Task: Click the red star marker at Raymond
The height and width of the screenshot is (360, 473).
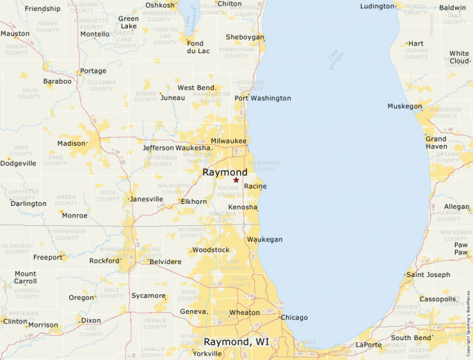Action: [236, 180]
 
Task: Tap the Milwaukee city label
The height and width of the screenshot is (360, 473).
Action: [228, 141]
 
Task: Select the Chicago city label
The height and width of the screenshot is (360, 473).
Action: [294, 318]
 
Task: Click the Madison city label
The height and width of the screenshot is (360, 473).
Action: [71, 144]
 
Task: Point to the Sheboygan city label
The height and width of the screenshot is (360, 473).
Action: [245, 37]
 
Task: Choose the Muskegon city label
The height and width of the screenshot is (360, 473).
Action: [405, 106]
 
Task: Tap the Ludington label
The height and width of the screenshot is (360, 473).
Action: [378, 6]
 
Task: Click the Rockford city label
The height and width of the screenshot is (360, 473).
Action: [104, 260]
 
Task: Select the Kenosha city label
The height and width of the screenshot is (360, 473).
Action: [243, 207]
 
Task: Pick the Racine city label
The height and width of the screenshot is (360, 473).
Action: [255, 187]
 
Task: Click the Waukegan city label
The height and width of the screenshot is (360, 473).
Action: [265, 239]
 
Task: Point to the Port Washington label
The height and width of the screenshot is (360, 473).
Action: [263, 98]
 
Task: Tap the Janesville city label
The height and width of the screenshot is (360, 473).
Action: [147, 199]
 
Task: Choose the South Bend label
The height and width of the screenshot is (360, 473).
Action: [412, 338]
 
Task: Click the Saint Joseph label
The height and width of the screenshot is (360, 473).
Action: [428, 275]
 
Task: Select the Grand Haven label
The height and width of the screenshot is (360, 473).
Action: [436, 143]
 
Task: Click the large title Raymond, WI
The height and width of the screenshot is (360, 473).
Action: [236, 341]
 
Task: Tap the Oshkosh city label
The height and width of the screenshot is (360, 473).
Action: [160, 6]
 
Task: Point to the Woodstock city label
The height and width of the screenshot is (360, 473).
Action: [210, 249]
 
